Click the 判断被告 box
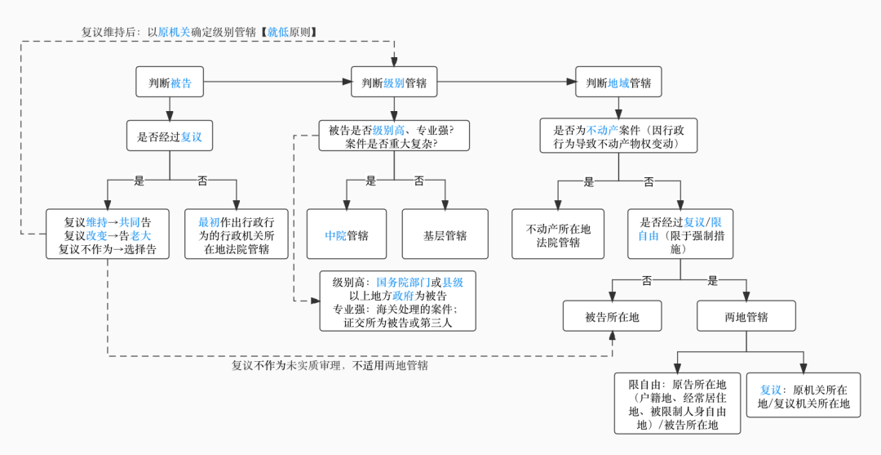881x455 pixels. [x=170, y=83]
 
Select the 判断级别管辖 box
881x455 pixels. [x=394, y=83]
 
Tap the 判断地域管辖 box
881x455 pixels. [x=618, y=83]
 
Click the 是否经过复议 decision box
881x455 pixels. [x=170, y=136]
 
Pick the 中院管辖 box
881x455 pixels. [x=347, y=235]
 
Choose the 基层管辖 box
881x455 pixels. [x=445, y=235]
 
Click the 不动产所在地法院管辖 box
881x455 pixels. [x=558, y=235]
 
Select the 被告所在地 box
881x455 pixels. [x=612, y=316]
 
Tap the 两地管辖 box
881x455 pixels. [x=746, y=316]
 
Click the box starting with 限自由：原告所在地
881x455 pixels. [x=677, y=404]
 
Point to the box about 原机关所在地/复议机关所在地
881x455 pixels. [x=804, y=396]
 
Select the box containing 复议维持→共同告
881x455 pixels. [x=107, y=234]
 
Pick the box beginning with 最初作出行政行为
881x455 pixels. [x=237, y=234]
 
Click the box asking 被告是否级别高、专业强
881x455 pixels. [x=394, y=136]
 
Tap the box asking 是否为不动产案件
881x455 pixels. [x=618, y=136]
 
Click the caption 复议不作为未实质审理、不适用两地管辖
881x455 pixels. [x=330, y=365]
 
